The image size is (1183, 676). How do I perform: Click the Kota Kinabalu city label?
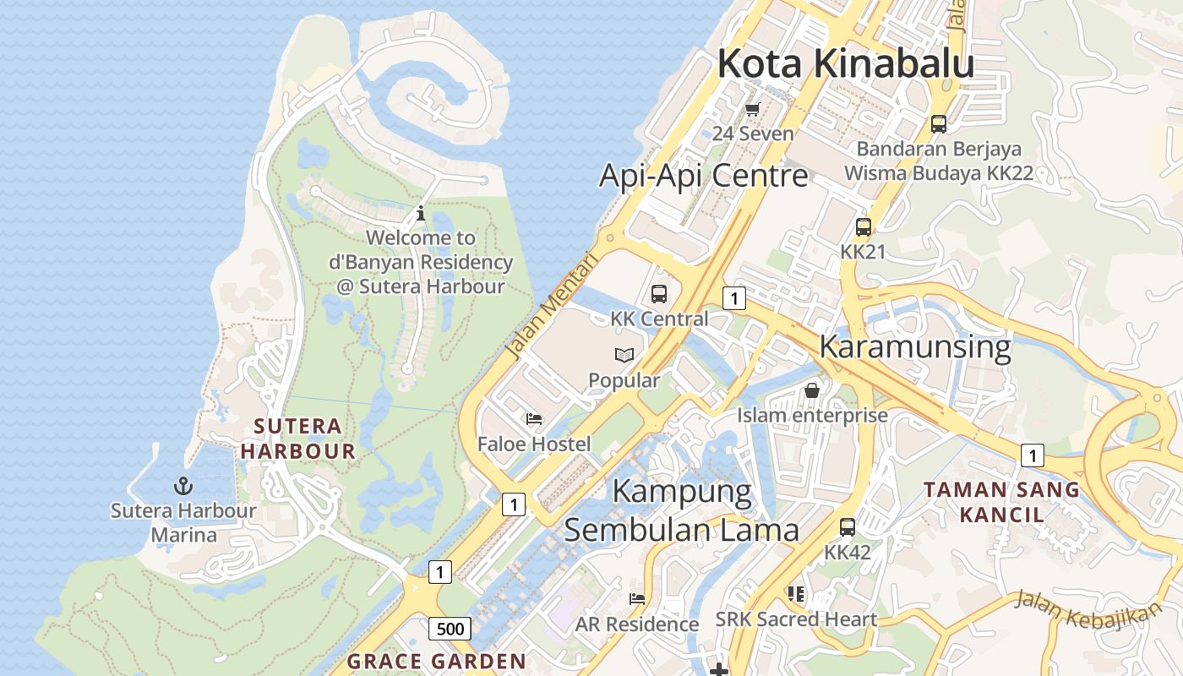click(845, 64)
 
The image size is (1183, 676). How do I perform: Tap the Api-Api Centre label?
click(703, 176)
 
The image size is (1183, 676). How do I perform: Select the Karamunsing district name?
click(915, 347)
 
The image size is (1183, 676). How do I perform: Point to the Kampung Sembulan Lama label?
click(681, 510)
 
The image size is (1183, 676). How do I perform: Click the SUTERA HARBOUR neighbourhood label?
click(297, 438)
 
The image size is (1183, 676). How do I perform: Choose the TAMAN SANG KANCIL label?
click(1001, 502)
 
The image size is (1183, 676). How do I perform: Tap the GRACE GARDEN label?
click(436, 661)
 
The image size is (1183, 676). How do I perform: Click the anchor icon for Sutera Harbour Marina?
click(183, 486)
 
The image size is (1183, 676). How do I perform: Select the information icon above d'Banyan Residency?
click(421, 214)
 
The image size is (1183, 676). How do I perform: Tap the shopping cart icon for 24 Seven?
click(753, 109)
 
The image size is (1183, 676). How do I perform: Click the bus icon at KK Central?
click(659, 294)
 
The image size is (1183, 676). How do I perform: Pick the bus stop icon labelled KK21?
click(863, 227)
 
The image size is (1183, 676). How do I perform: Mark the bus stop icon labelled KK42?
click(848, 527)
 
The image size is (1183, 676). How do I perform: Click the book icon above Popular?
click(624, 355)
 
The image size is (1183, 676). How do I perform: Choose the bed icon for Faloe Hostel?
click(533, 418)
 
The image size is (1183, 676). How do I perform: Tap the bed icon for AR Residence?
click(637, 599)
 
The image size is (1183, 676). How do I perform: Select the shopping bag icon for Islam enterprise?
click(812, 390)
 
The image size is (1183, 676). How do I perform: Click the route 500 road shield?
click(450, 629)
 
